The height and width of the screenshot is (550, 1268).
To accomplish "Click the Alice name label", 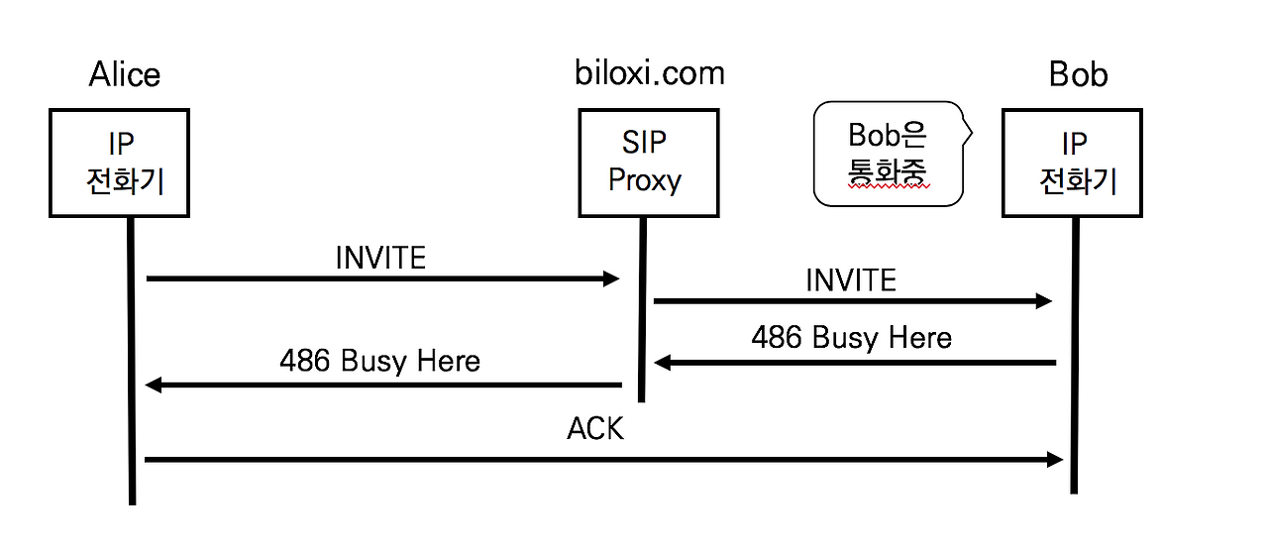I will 125,74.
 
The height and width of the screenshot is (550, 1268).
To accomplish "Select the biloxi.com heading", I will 650,72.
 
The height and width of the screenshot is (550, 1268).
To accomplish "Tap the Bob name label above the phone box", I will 1078,74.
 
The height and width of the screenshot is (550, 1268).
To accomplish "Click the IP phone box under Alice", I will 119,163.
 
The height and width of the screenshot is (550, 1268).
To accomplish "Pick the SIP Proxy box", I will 649,163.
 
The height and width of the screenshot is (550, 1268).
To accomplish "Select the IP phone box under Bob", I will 1072,163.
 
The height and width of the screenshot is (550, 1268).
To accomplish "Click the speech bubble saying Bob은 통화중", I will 888,154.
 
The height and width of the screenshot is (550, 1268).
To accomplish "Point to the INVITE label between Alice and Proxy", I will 380,258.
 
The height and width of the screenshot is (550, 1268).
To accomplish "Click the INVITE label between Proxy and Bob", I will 850,280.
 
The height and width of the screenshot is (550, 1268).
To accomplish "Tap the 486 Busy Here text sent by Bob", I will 851,338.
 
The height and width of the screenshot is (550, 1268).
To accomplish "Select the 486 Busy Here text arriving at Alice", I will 379,361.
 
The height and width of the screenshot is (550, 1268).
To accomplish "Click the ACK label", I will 595,429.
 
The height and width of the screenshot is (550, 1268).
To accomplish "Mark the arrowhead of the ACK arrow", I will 1055,459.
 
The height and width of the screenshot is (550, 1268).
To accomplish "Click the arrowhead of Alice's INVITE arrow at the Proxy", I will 612,279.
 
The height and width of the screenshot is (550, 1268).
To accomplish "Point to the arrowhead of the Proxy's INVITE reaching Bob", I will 1044,301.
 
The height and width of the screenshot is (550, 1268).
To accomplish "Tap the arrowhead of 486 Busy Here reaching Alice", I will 153,385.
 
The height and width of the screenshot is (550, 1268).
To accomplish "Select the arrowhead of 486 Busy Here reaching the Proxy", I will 662,363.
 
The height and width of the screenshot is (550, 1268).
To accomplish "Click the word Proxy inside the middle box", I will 645,180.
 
